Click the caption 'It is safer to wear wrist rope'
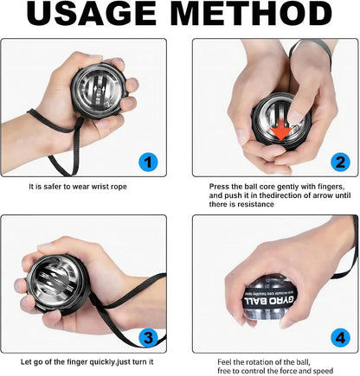pyautogui.click(x=84, y=186)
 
